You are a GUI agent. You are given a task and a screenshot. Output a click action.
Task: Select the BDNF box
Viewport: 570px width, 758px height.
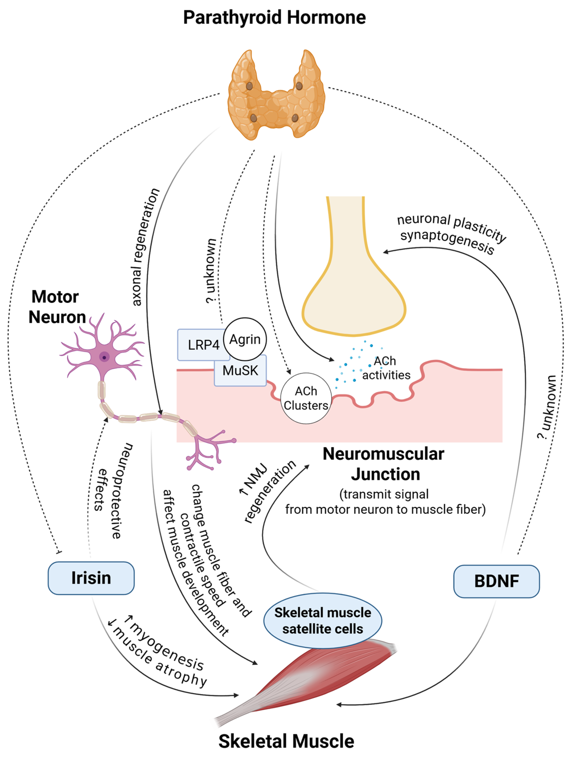pyautogui.click(x=496, y=581)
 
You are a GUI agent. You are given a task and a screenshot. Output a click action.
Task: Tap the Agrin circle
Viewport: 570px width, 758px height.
pyautogui.click(x=245, y=339)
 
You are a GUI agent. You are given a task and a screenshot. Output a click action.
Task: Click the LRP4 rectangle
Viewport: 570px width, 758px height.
pyautogui.click(x=203, y=345)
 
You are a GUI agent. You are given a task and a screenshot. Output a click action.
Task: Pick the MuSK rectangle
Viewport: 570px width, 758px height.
pyautogui.click(x=240, y=371)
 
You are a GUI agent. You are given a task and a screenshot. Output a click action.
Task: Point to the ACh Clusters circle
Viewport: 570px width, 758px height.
pyautogui.click(x=306, y=398)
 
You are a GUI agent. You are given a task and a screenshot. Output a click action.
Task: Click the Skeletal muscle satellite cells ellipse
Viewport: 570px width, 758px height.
pyautogui.click(x=322, y=621)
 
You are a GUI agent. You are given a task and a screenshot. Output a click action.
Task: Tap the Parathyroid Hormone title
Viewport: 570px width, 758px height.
pyautogui.click(x=274, y=18)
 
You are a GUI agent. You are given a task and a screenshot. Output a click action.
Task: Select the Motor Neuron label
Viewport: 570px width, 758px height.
pyautogui.click(x=56, y=307)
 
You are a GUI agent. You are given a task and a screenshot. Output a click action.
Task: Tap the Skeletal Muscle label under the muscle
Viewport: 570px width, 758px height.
pyautogui.click(x=286, y=741)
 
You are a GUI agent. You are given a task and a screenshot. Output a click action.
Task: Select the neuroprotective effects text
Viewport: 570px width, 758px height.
pyautogui.click(x=113, y=490)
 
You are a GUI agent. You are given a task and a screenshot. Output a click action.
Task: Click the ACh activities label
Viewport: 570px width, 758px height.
pyautogui.click(x=386, y=368)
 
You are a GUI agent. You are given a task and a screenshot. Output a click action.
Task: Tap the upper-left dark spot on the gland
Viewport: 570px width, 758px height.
pyautogui.click(x=249, y=86)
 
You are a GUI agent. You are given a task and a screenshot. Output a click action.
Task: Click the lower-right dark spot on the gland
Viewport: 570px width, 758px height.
pyautogui.click(x=295, y=118)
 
